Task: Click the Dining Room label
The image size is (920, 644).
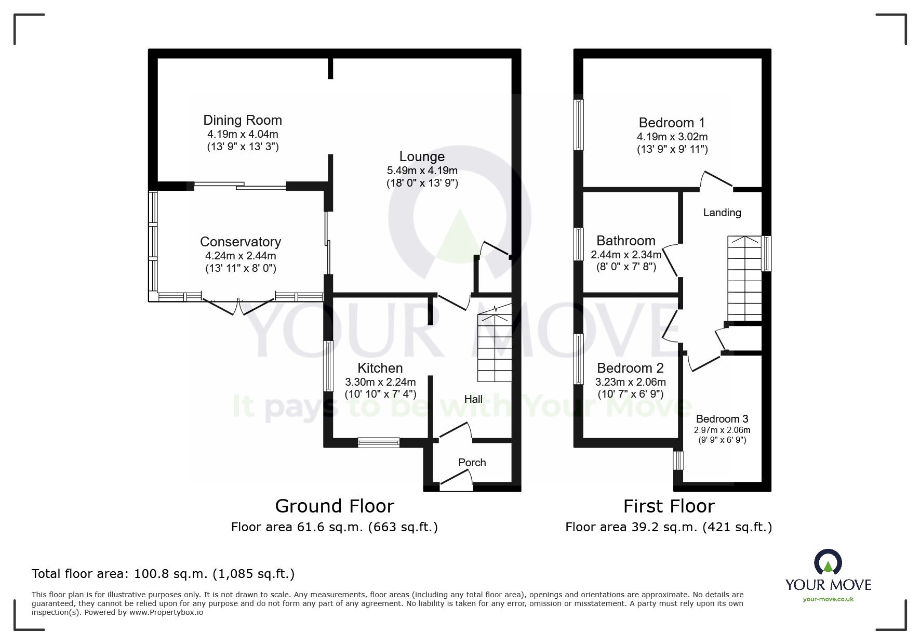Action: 242,120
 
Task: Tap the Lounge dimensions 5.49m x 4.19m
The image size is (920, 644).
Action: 422,170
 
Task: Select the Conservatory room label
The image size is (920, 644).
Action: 240,242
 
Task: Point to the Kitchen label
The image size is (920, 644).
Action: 380,368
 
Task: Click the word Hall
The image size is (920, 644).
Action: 473,399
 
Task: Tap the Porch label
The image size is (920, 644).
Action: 472,462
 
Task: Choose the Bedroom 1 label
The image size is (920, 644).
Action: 672,123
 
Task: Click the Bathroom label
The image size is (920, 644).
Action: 625,241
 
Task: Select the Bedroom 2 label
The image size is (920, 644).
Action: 630,368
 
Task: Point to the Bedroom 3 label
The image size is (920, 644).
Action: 722,418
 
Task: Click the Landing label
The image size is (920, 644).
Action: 722,212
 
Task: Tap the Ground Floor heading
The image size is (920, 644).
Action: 334,506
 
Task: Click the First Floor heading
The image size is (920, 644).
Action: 669,506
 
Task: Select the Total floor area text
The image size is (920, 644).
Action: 163,574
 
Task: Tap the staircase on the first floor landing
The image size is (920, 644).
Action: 744,279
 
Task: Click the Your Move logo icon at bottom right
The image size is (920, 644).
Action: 828,562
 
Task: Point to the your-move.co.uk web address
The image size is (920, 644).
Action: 828,599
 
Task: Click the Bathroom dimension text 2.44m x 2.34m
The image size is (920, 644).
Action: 625,255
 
